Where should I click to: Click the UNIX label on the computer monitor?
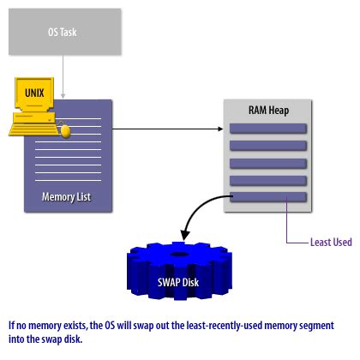point(33,90)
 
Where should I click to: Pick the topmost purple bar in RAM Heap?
point(268,129)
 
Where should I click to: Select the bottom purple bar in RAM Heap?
point(268,197)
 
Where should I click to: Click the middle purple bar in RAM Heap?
point(268,163)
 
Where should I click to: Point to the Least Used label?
point(330,242)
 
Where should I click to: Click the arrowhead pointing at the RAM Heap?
point(217,129)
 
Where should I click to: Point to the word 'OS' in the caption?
point(119,327)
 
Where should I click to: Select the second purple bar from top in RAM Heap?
point(268,146)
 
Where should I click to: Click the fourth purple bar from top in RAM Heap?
point(268,180)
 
